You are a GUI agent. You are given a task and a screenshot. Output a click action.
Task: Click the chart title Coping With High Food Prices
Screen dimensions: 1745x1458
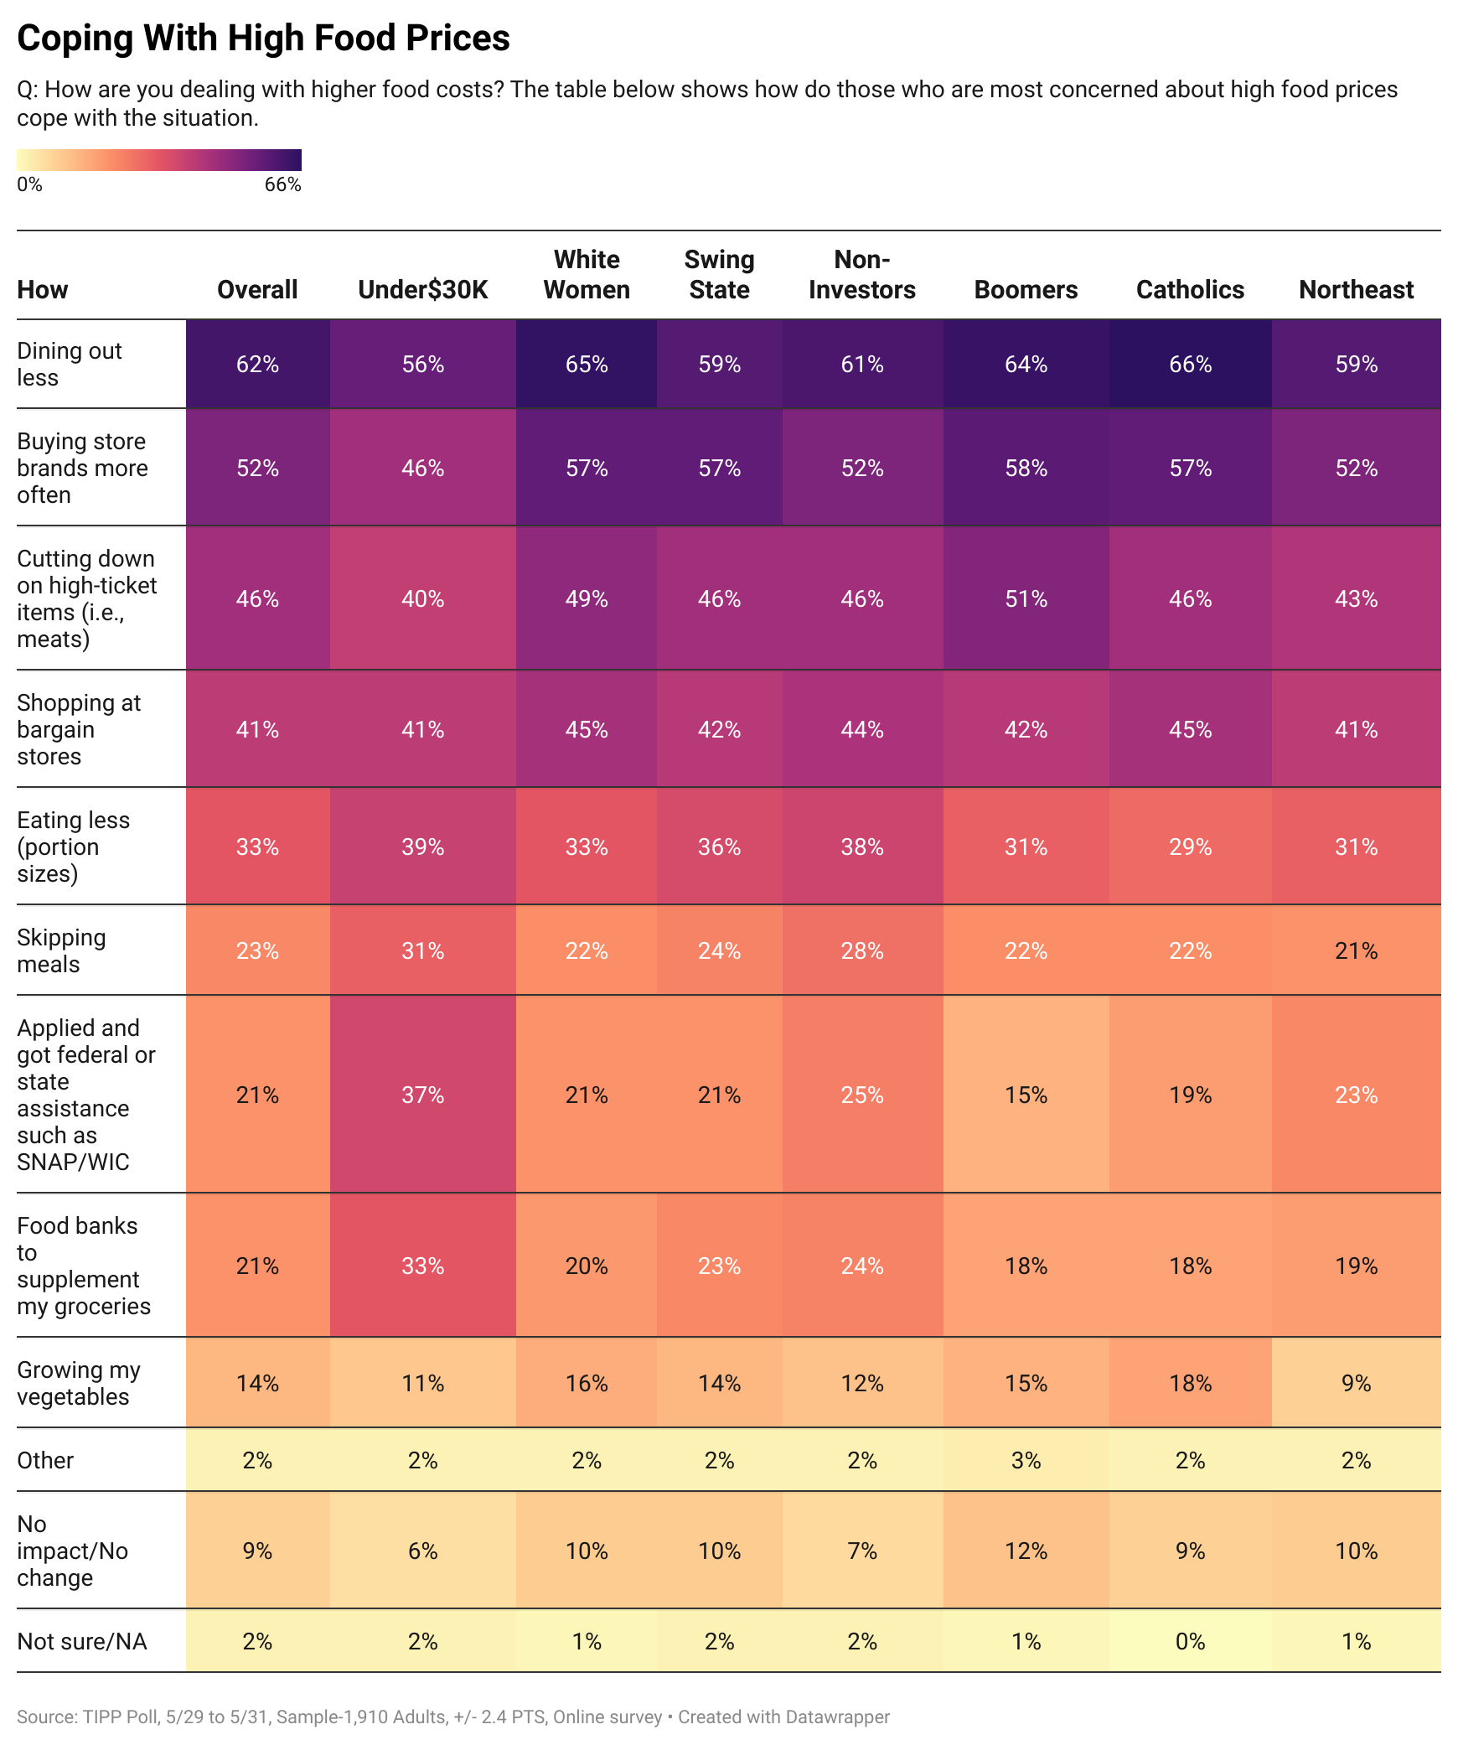coord(263,39)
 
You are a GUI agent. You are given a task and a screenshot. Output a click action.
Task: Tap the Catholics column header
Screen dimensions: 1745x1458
coord(1190,289)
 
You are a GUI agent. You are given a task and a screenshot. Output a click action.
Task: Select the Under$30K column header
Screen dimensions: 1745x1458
coord(422,289)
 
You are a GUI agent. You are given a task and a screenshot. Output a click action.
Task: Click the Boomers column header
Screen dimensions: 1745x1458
coord(1026,289)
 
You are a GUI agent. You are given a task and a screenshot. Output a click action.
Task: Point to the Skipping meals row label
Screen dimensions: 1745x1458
coord(61,950)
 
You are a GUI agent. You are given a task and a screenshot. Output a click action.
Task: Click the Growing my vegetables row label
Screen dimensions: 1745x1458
coord(78,1383)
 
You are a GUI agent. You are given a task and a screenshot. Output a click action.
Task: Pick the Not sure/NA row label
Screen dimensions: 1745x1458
coord(81,1641)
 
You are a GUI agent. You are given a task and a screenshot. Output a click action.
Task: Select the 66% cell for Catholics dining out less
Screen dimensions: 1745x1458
coord(1190,364)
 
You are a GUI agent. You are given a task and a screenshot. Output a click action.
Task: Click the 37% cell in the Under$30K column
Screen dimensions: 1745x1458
coord(422,1095)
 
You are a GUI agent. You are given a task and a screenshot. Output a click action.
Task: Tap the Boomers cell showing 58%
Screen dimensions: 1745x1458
coord(1026,468)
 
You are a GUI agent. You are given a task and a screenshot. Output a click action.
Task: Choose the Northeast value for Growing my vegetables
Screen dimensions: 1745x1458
coord(1356,1383)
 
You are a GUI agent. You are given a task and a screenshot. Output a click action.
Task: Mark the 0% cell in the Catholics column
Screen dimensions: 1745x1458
coord(1190,1641)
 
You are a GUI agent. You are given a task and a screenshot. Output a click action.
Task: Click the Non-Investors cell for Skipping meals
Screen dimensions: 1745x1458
coord(861,950)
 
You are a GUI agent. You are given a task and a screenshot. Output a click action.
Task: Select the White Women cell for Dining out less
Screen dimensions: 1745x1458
coord(587,364)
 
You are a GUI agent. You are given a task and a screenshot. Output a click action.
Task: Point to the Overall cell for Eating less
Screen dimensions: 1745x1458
coord(257,847)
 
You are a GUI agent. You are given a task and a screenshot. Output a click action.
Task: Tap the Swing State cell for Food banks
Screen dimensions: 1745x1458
coord(719,1266)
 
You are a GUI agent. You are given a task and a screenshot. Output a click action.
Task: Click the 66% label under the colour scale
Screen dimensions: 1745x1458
coord(282,184)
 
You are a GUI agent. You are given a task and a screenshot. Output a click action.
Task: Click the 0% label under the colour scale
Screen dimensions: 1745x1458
coord(29,184)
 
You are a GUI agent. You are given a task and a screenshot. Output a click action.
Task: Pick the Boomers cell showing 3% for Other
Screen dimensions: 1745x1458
coord(1026,1460)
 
